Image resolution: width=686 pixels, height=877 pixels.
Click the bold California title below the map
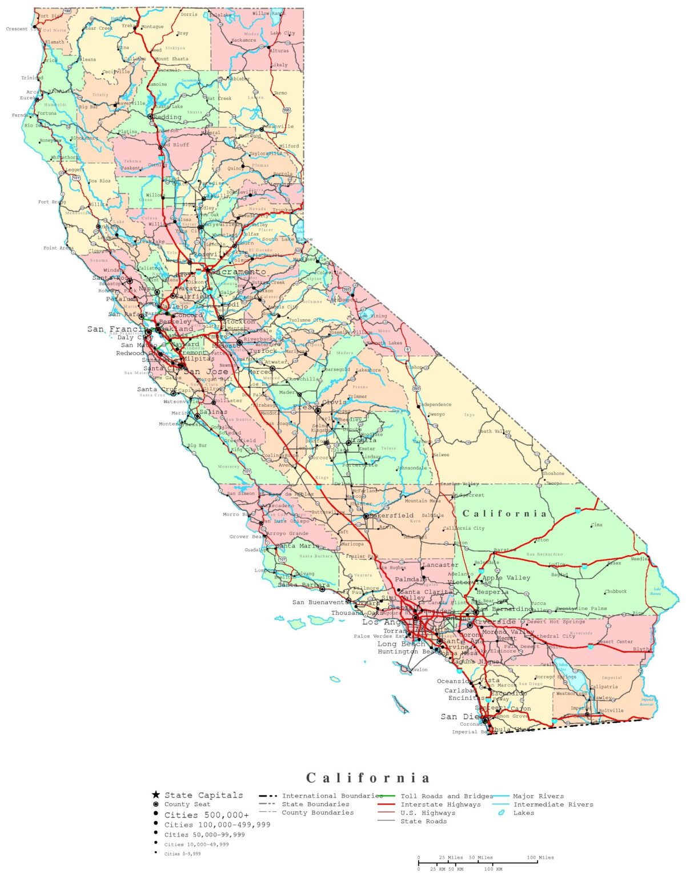tap(368, 778)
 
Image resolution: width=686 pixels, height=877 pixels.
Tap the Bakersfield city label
tap(392, 515)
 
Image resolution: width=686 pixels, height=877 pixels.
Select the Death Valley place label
tap(494, 431)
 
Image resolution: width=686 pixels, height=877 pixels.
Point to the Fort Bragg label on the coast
tap(51, 202)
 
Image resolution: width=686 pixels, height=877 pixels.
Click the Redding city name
tap(167, 117)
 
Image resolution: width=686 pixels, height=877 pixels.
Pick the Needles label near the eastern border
tap(640, 558)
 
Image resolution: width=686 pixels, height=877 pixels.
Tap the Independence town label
tap(435, 404)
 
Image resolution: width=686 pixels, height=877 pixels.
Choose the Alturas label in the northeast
tap(279, 51)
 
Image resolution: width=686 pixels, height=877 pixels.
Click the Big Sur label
tap(197, 445)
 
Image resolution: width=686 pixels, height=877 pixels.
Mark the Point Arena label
tap(58, 248)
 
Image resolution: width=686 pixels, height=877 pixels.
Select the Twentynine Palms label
tap(581, 609)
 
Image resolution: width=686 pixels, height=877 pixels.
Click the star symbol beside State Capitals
tap(155, 795)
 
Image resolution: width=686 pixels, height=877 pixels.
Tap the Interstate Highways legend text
tap(440, 804)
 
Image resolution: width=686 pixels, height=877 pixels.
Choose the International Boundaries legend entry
tap(332, 796)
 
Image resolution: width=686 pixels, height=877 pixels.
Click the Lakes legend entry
tap(523, 813)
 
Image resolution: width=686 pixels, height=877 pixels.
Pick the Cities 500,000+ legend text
tap(207, 815)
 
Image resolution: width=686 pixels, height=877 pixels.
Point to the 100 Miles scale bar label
tap(540, 857)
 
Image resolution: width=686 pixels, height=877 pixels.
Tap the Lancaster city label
tap(440, 565)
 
